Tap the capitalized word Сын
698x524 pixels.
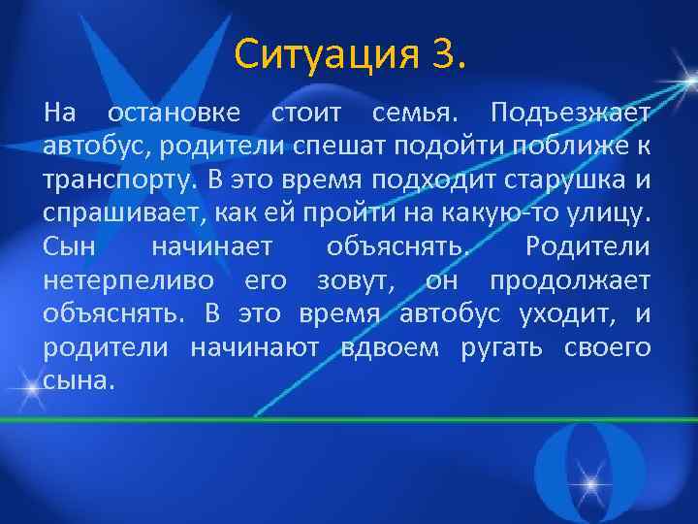click(69, 246)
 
